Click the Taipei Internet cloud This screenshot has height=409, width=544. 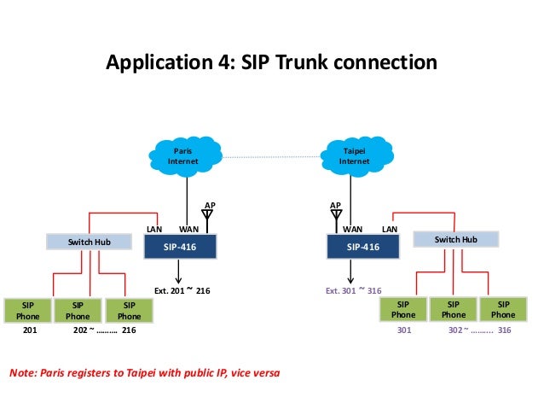pyautogui.click(x=356, y=156)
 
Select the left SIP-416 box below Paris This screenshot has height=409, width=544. pyautogui.click(x=178, y=246)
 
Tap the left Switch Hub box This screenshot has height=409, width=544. pyautogui.click(x=90, y=242)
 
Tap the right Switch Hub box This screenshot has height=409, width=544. pyautogui.click(x=455, y=240)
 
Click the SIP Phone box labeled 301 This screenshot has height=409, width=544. pyautogui.click(x=404, y=310)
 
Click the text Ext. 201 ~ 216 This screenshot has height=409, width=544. pyautogui.click(x=182, y=290)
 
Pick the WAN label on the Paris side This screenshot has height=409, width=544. pyautogui.click(x=188, y=229)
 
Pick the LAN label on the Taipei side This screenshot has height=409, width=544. pyautogui.click(x=389, y=229)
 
